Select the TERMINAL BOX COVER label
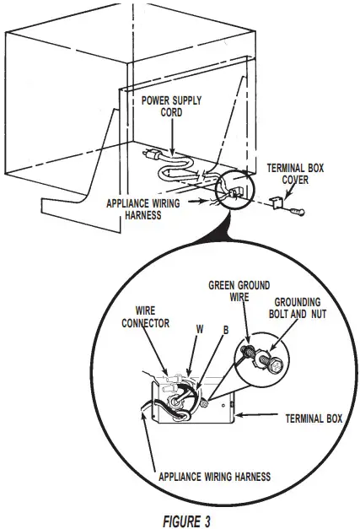[288, 174]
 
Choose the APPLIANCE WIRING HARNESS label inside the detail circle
[214, 476]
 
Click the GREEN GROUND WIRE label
[240, 292]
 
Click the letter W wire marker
[200, 328]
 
